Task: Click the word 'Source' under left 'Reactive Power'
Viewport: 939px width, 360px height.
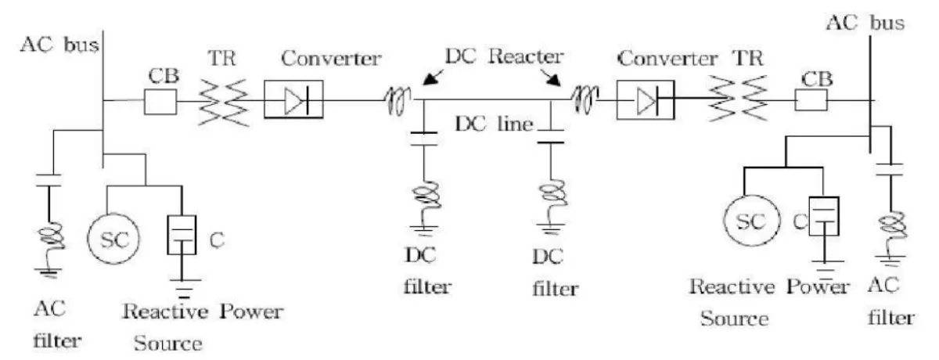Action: [x=168, y=342]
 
